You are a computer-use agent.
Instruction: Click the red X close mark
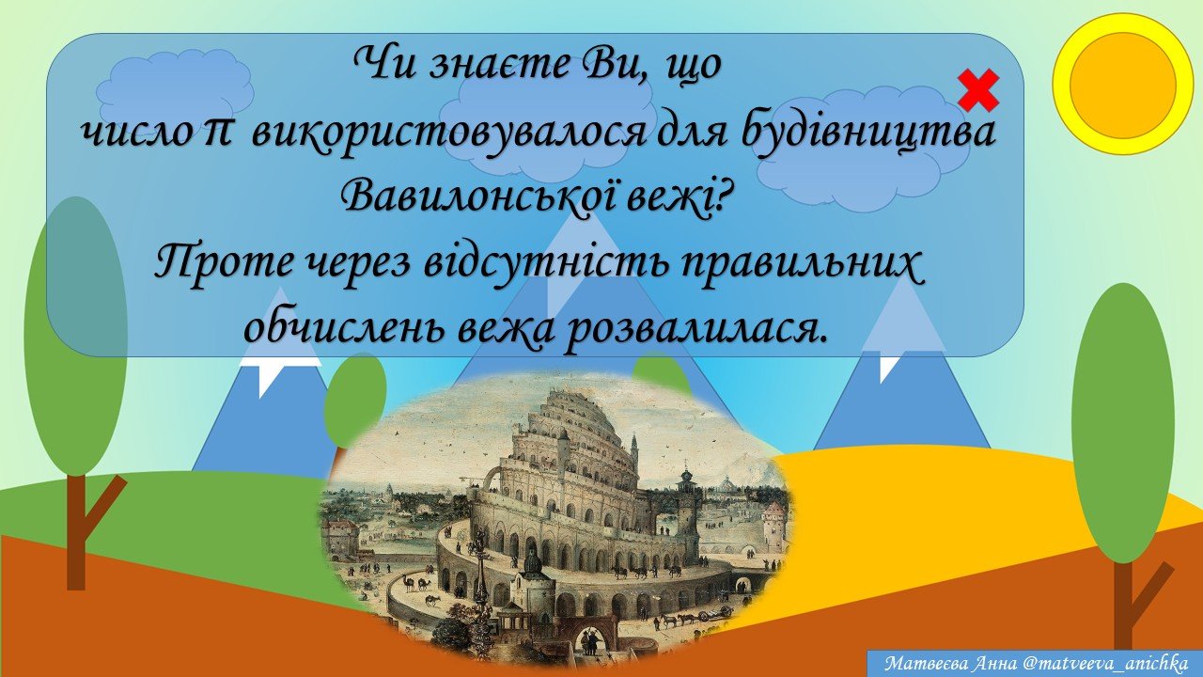978,90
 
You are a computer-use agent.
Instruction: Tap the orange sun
1122,84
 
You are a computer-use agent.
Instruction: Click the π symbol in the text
217,134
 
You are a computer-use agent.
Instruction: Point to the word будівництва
867,134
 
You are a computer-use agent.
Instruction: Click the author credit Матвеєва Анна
949,664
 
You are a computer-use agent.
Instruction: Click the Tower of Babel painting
556,518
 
